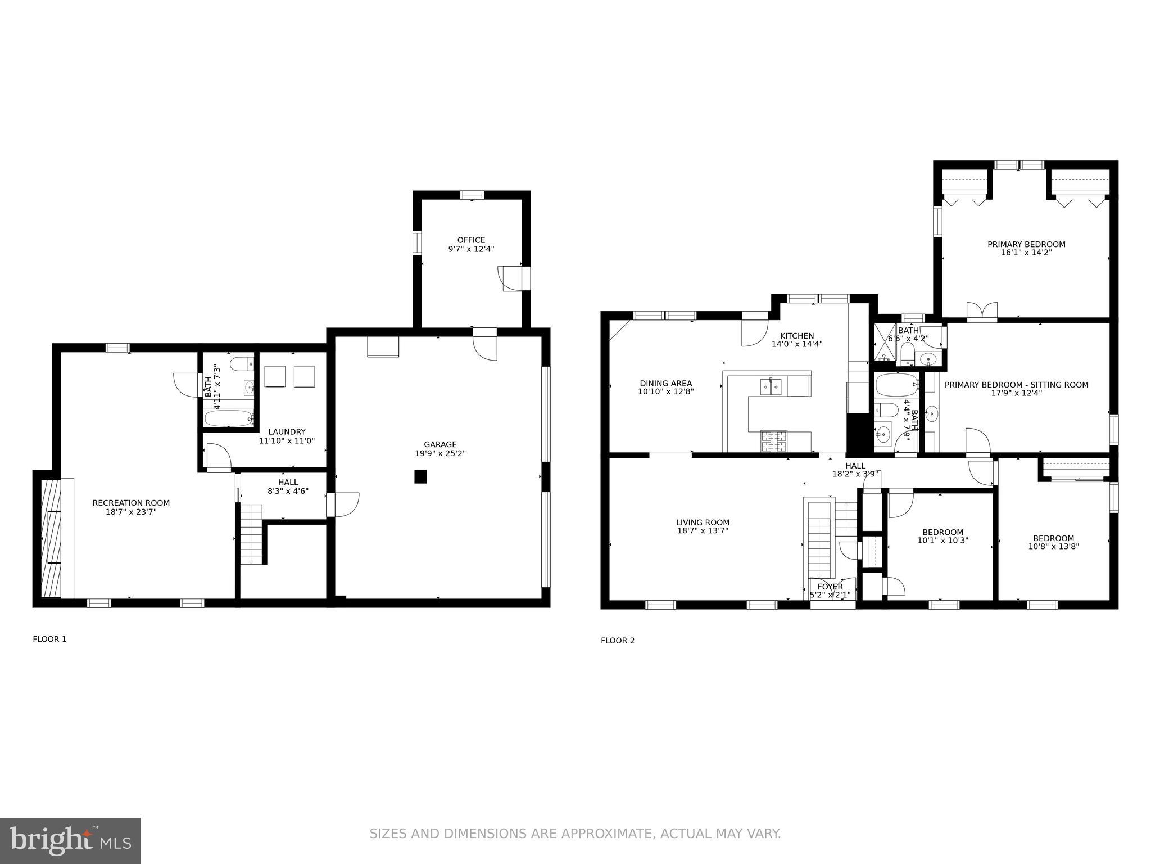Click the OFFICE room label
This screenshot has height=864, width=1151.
click(471, 240)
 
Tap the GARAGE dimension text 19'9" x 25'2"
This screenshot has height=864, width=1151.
click(440, 453)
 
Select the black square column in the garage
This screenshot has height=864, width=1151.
click(420, 476)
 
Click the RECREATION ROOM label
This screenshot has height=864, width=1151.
click(131, 503)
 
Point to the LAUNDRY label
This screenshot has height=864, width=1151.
click(287, 432)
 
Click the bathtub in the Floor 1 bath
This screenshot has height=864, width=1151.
click(229, 418)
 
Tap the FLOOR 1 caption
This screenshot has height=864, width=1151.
click(49, 639)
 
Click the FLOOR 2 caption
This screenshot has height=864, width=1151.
click(618, 640)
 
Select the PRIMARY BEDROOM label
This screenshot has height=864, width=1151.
click(1026, 244)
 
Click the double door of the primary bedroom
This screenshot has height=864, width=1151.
click(982, 311)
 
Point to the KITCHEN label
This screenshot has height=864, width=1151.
click(797, 336)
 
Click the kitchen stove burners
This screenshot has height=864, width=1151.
click(774, 441)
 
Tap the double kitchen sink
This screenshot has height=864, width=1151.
click(771, 386)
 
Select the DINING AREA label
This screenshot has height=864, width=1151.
click(666, 384)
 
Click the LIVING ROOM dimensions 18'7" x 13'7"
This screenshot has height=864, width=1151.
click(703, 530)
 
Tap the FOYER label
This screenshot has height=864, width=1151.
click(830, 587)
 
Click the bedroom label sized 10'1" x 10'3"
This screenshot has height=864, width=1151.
click(942, 532)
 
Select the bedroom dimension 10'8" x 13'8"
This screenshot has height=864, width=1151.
click(1053, 546)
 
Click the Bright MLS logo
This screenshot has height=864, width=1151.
click(70, 840)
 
